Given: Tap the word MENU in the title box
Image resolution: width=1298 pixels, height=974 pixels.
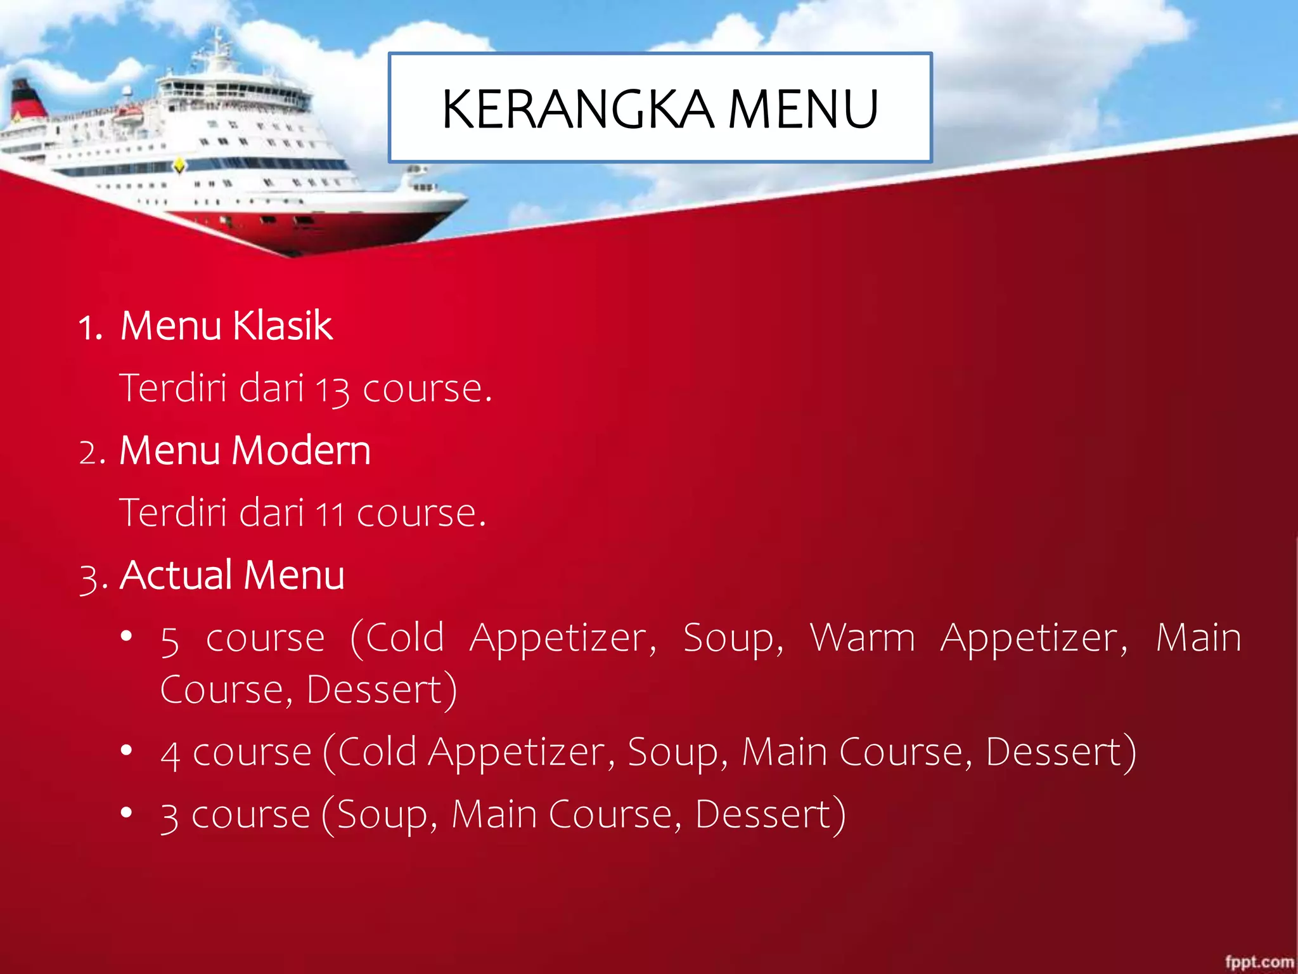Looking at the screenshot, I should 803,109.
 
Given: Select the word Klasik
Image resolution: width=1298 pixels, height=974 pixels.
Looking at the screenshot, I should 282,326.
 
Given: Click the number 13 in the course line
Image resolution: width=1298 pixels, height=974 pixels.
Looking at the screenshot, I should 332,389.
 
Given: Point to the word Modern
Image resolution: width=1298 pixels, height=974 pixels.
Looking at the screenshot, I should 301,451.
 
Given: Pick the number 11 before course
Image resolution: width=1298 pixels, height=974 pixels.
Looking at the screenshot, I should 330,514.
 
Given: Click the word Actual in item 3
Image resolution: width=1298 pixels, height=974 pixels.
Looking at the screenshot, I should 176,575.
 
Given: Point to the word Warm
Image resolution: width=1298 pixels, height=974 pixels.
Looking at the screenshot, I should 863,637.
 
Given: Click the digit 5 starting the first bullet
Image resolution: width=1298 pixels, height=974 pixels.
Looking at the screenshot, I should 170,640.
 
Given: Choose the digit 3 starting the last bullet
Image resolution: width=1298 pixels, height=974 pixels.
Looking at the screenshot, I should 169,817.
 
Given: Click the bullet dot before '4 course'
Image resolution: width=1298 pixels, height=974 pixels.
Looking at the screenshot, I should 127,751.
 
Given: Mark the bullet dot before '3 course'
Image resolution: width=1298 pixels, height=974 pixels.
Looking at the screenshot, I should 127,812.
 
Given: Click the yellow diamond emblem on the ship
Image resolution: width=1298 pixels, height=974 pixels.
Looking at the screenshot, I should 180,166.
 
